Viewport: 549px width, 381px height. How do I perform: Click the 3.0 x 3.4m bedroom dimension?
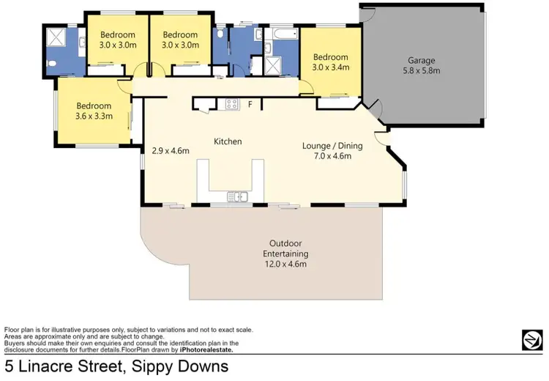point(331,67)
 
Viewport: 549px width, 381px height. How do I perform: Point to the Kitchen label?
point(228,141)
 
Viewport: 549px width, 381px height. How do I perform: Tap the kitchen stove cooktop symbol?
point(232,103)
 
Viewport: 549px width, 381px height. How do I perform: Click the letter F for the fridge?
point(250,105)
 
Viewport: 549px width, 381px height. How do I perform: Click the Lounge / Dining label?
point(332,145)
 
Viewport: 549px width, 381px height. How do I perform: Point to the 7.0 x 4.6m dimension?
point(332,155)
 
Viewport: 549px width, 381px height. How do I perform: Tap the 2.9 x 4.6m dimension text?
point(171,152)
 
